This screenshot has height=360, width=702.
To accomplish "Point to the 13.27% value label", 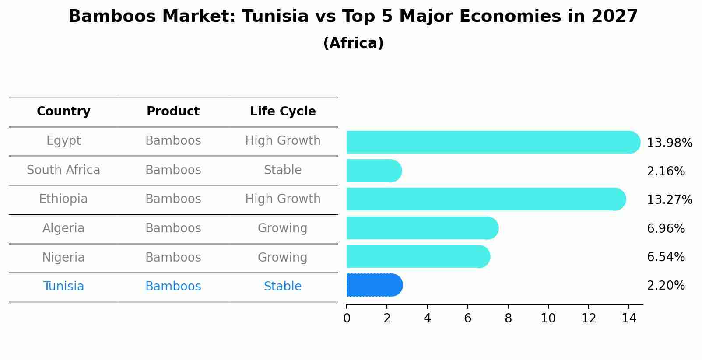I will click(669, 200).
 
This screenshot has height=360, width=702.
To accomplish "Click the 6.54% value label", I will click(665, 257).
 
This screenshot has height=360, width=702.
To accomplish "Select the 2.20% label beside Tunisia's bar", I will click(665, 286).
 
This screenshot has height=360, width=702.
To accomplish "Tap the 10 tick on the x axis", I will click(548, 318).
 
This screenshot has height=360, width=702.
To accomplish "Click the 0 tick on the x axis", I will click(347, 318).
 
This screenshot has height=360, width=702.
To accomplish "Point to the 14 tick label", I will click(628, 318).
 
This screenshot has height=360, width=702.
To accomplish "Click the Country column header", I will click(63, 112).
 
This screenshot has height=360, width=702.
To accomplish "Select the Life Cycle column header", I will click(283, 112).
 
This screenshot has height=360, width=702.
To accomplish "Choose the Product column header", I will click(173, 112).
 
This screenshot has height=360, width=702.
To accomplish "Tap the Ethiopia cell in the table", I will click(63, 199).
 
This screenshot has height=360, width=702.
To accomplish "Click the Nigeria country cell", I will click(63, 257).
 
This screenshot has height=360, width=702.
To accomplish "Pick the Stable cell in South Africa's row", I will click(283, 170).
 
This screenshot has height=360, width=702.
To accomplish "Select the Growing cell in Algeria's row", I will click(283, 228).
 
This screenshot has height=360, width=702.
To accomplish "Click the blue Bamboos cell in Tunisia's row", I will click(173, 287).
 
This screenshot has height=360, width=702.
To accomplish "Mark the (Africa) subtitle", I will click(353, 43).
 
